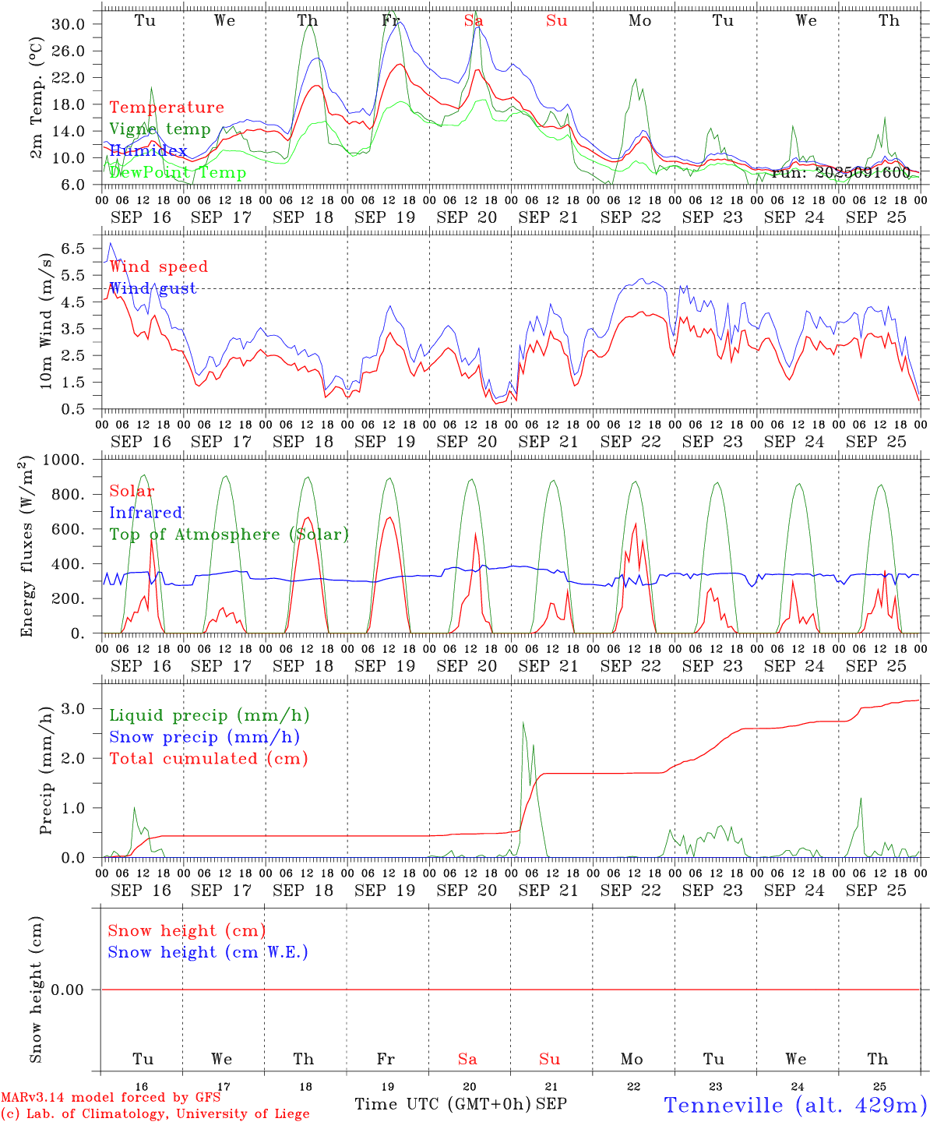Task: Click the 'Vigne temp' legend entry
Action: [160, 129]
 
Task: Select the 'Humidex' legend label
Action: [148, 150]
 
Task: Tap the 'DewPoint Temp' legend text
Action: [178, 172]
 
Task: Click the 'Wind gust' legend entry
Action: [153, 288]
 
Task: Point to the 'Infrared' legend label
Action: [146, 513]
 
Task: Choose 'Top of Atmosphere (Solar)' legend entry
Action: [229, 535]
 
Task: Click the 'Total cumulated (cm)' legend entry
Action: [209, 758]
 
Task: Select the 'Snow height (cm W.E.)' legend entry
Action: [208, 952]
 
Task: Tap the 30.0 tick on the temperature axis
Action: [69, 24]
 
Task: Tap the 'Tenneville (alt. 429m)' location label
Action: [794, 1105]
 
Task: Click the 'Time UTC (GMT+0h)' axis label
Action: [442, 1104]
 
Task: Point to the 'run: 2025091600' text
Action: [840, 172]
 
